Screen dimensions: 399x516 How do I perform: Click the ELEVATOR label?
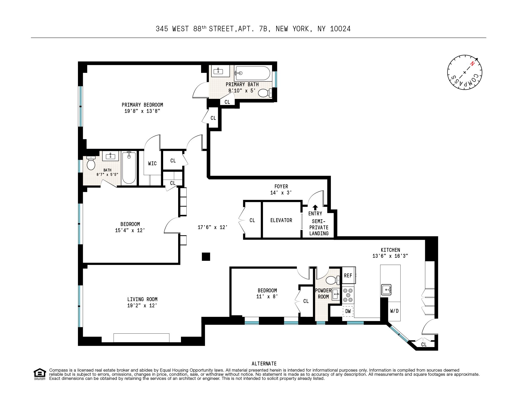(281, 220)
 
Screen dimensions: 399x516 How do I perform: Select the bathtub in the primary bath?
(253, 73)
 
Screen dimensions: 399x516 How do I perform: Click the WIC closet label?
(152, 163)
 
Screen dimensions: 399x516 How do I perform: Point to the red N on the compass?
(472, 64)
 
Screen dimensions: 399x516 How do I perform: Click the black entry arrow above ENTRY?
(315, 207)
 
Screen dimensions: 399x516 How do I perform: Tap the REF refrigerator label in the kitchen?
(348, 276)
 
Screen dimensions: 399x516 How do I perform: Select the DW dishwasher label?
(348, 311)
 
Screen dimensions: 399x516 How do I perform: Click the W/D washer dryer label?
(394, 311)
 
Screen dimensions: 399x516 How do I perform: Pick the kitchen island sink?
(386, 290)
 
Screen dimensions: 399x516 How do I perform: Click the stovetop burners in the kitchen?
(348, 295)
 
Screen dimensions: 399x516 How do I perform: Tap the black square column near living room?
(206, 256)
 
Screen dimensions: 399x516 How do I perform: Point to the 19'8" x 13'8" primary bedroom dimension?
(142, 111)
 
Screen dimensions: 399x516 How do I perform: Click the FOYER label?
(281, 186)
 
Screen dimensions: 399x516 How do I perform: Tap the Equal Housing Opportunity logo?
(40, 374)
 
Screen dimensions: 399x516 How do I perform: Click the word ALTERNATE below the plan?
(264, 364)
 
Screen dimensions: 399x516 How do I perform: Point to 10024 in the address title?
(340, 29)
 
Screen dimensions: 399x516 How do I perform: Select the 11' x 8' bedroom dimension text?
(267, 296)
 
